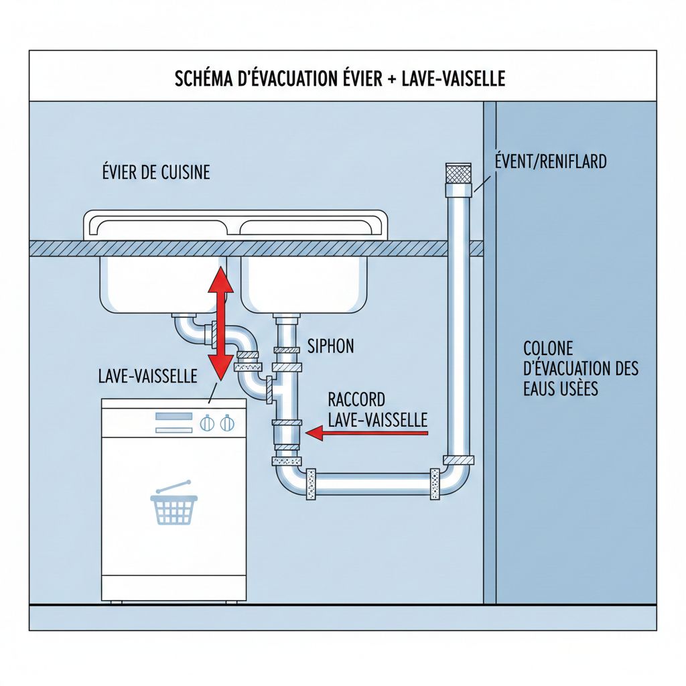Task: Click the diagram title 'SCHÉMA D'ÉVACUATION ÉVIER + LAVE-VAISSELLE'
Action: coord(340,79)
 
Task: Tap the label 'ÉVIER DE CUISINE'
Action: coord(154,173)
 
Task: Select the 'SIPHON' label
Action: coord(330,346)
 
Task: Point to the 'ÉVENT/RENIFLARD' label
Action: coord(550,161)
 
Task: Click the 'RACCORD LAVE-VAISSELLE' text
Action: coord(377,410)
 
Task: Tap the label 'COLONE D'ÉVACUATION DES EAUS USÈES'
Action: coord(580,368)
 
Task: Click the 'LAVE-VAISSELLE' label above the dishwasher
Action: coord(147,376)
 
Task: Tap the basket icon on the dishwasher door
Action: coord(175,506)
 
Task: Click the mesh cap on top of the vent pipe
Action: coord(459,173)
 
